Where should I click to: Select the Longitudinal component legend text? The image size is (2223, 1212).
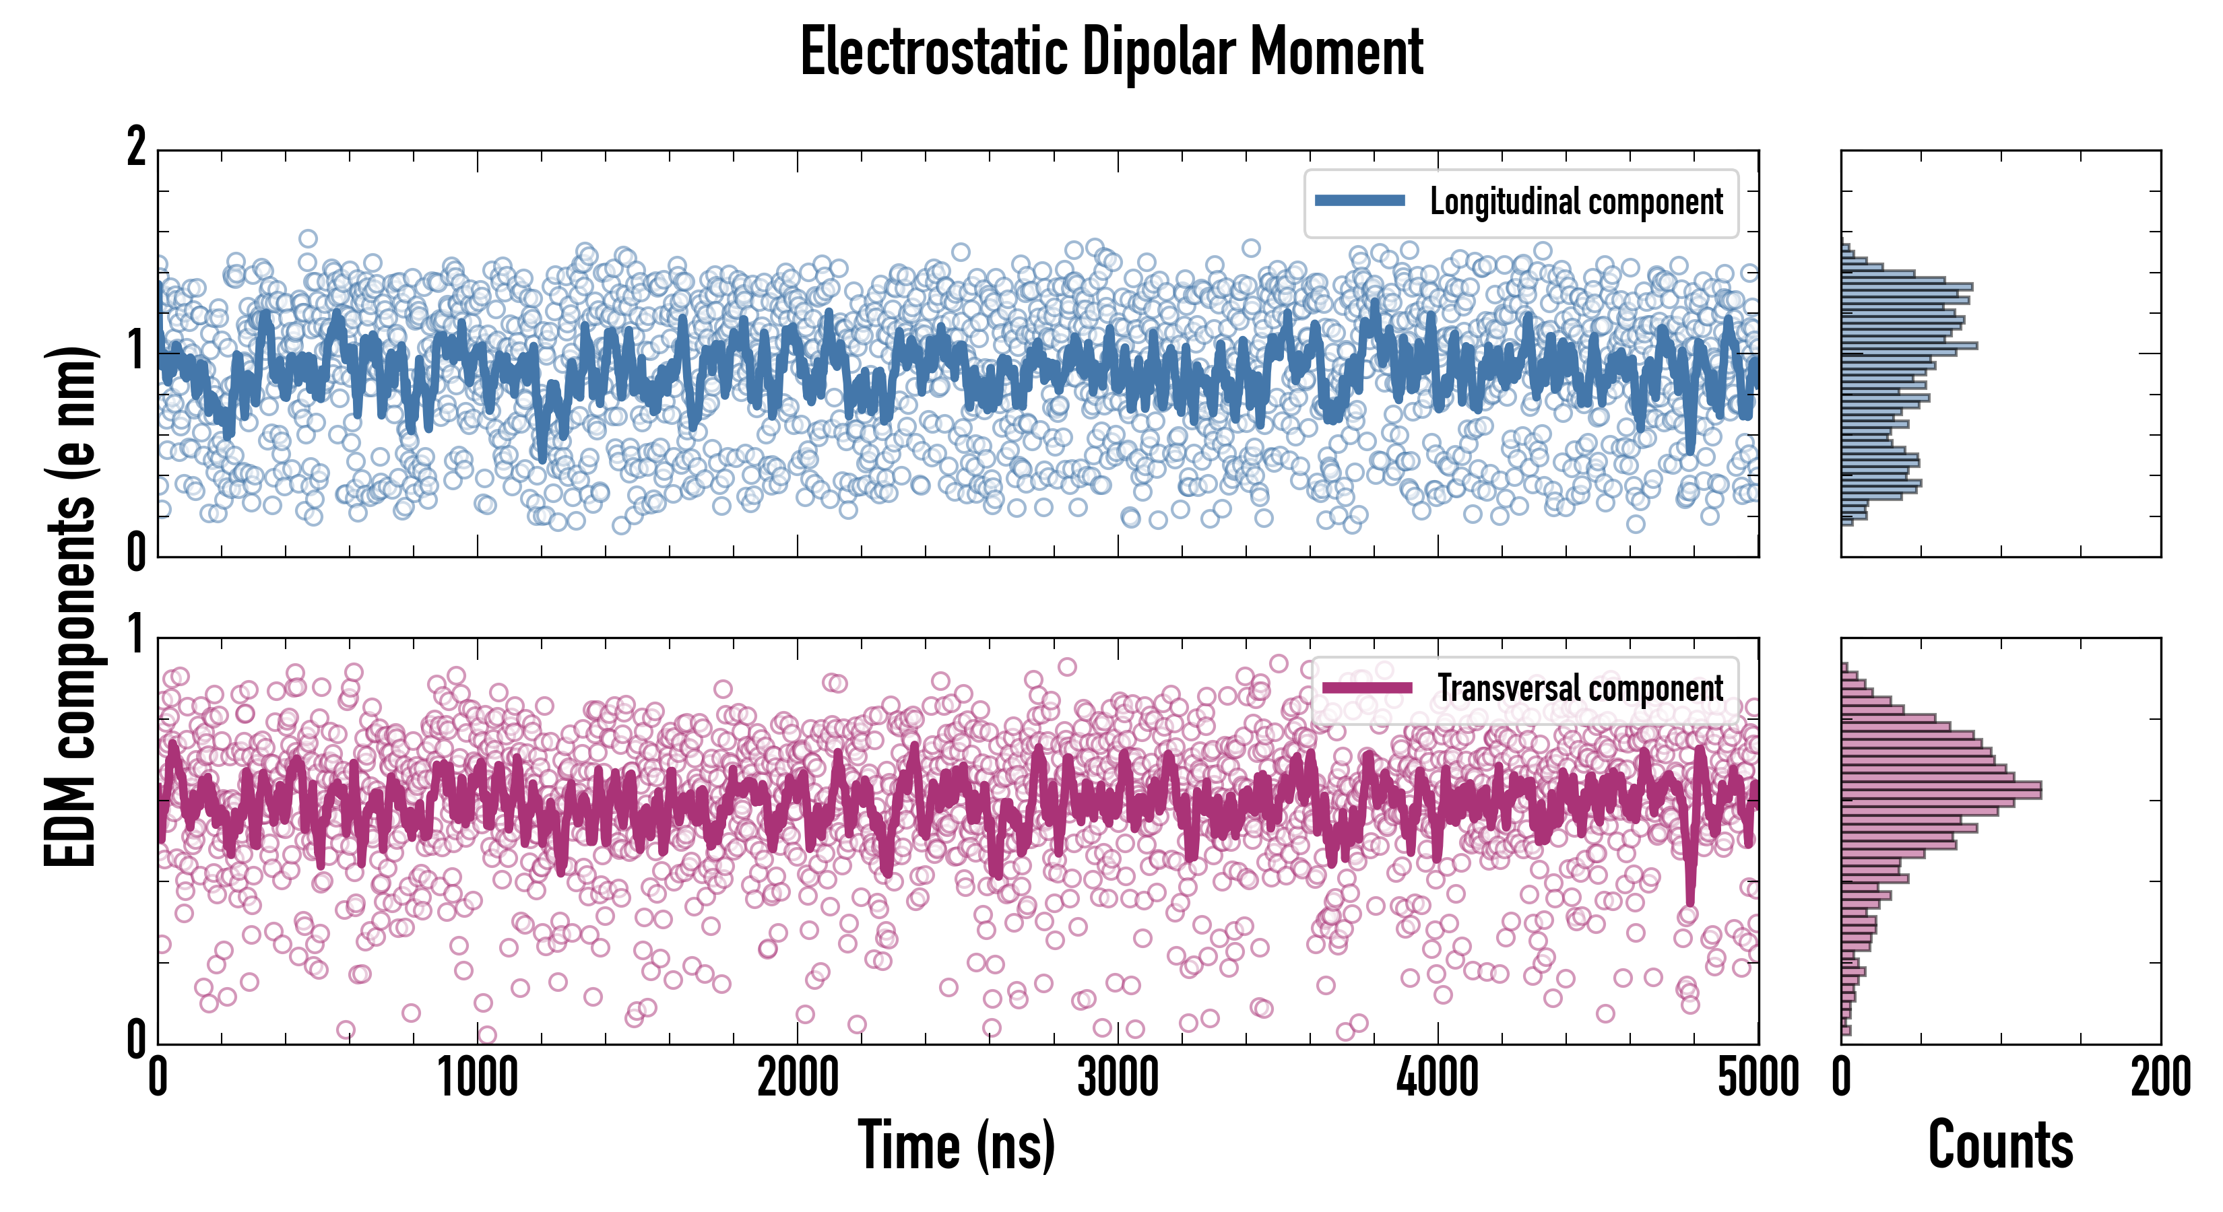coord(1576,202)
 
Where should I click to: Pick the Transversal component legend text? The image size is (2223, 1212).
coord(1580,688)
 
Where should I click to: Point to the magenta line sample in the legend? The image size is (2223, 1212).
coord(1367,687)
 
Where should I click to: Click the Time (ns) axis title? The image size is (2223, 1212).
coord(956,1145)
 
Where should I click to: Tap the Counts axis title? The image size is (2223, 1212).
coord(2000,1145)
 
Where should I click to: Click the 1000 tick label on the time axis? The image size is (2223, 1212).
coord(477,1077)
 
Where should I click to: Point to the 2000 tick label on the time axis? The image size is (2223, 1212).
coord(798,1077)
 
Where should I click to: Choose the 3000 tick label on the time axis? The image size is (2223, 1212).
coord(1118,1077)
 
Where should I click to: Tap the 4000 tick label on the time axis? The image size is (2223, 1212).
coord(1438,1077)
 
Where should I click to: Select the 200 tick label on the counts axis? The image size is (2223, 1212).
coord(2160,1077)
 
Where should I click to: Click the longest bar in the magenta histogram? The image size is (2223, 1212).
coord(1941,789)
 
